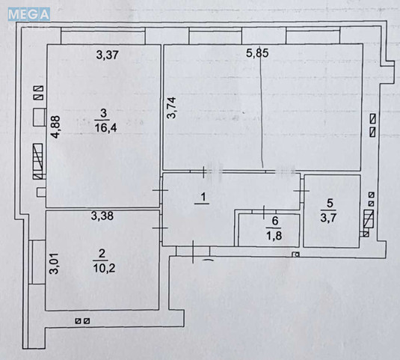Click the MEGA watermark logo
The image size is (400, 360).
pyautogui.click(x=28, y=13)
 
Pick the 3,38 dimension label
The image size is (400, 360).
pyautogui.click(x=102, y=218)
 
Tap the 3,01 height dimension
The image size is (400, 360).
pyautogui.click(x=54, y=266)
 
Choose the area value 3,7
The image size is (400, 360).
pyautogui.click(x=327, y=219)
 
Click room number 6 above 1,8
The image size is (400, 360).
pyautogui.click(x=274, y=222)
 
